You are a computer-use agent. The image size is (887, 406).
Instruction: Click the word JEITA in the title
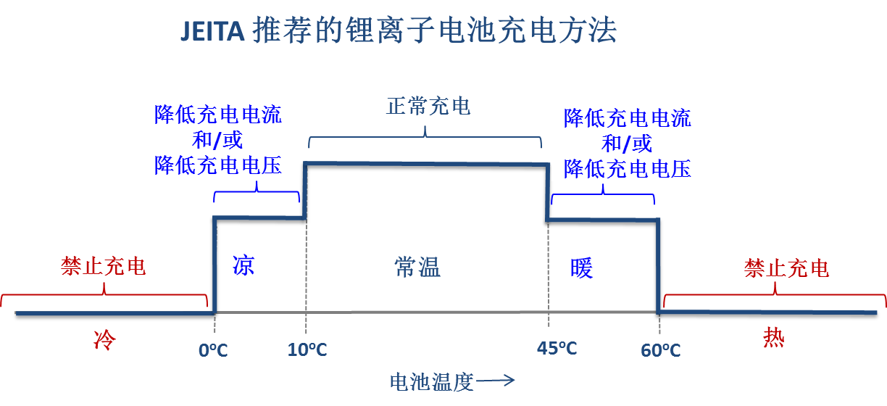coord(212,31)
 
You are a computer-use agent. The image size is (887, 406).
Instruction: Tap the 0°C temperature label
coord(213,351)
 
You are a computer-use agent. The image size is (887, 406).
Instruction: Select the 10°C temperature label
coord(307,351)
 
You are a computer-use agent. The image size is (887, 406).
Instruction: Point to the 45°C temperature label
coord(557,349)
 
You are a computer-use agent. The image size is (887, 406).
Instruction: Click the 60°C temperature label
coord(660,351)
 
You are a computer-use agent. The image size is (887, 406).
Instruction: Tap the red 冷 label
coord(105,339)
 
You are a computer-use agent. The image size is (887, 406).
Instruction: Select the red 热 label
coord(773,337)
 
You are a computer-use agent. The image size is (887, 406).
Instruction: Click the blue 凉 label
coord(243,265)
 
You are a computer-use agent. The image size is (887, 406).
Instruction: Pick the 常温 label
coord(417,267)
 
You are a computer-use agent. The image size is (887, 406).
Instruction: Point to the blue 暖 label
coord(581,268)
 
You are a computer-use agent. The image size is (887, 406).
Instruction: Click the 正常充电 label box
coord(428,106)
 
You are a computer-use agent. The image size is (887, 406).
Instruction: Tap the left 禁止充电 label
coord(104,266)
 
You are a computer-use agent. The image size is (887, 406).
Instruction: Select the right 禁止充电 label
coord(786,268)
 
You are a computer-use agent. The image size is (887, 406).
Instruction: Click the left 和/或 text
coord(217,139)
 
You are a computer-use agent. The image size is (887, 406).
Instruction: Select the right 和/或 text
coord(627,143)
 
